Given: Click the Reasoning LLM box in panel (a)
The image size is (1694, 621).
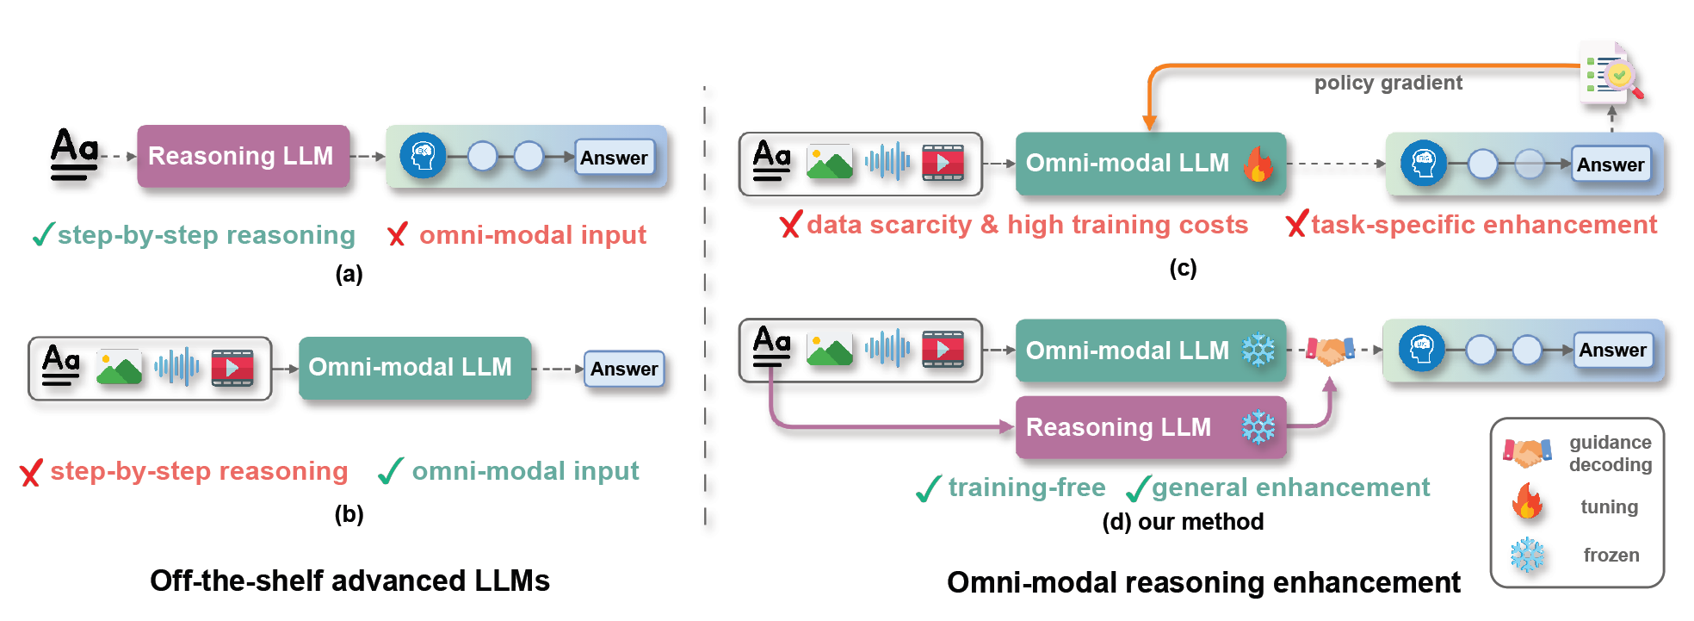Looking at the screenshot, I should [243, 156].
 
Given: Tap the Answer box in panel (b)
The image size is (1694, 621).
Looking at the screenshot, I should [624, 369].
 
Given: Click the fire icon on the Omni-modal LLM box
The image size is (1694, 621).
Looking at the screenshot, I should [1258, 163].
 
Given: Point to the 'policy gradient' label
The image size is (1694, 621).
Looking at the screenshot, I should [1388, 83].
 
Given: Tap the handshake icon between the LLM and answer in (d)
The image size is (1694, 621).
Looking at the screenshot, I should [1331, 350].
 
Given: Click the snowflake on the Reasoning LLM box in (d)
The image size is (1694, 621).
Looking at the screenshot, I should [1258, 427].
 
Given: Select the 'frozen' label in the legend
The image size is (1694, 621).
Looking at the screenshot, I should [1611, 556].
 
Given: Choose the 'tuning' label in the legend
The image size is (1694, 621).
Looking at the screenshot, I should [1609, 507].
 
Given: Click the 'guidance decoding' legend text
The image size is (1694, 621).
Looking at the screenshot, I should [1610, 454].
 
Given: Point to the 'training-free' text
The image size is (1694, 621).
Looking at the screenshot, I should [1027, 487].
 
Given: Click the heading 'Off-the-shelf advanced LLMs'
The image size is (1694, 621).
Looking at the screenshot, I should [349, 581].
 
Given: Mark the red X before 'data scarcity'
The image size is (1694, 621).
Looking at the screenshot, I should [790, 226].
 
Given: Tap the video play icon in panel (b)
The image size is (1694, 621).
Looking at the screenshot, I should [232, 368].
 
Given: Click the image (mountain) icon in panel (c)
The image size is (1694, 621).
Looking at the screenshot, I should [829, 163].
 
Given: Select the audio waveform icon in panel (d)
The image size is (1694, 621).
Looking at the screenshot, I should [887, 349].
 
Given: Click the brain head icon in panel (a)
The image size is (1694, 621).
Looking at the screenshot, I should [423, 156].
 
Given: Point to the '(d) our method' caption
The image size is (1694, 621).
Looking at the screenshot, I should [1183, 522].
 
